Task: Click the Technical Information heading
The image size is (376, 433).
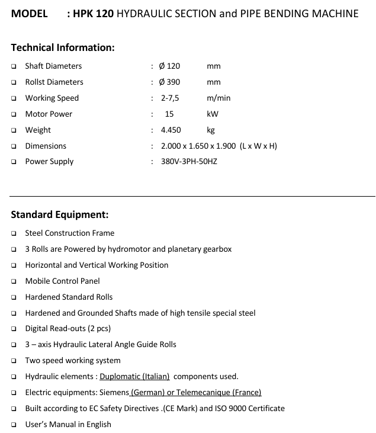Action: (62, 47)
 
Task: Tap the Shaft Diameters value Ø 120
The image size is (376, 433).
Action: (171, 66)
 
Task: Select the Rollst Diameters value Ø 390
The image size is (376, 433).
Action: (171, 82)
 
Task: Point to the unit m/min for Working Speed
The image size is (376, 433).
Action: (218, 98)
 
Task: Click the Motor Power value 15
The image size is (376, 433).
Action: (169, 114)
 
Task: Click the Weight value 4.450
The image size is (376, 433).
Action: (171, 130)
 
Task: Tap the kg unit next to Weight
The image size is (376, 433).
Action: (211, 130)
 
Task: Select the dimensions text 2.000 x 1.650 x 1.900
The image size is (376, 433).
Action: (198, 146)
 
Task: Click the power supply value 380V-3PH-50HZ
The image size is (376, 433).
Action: (189, 161)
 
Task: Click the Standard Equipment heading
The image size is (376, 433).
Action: (59, 214)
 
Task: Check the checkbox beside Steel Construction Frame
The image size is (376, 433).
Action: (14, 233)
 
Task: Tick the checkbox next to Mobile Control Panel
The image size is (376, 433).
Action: (14, 281)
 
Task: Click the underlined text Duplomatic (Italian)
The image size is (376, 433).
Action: (134, 376)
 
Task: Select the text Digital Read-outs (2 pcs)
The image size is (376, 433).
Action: (68, 328)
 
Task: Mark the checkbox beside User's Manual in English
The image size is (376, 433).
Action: (14, 424)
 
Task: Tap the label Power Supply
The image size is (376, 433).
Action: (49, 161)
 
